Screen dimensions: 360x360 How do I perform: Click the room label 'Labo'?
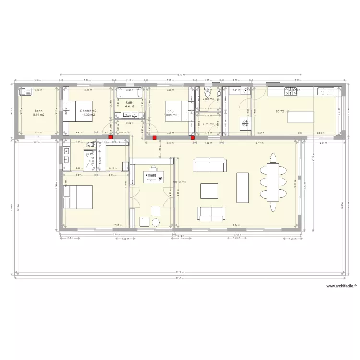pos(38,110)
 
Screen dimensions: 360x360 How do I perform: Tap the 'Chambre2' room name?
pos(88,111)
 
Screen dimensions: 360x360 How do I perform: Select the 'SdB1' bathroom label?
pos(130,103)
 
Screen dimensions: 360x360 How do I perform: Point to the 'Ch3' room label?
pos(170,110)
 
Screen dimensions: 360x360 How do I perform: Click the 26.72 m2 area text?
pos(282,111)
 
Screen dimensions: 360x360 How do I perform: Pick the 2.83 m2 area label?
pos(208,99)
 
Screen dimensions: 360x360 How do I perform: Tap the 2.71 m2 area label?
pos(208,124)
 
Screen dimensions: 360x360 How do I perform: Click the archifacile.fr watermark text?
pos(342,286)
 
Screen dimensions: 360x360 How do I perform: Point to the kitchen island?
pos(300,117)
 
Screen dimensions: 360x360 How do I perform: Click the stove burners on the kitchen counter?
pos(290,90)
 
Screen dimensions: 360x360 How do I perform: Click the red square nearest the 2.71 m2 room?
pos(193,138)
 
